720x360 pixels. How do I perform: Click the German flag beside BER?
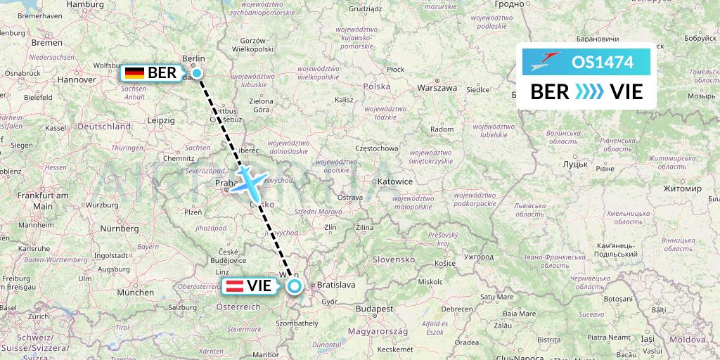click(x=134, y=72)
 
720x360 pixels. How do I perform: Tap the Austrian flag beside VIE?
click(x=233, y=286)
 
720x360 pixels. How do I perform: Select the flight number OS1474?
click(x=603, y=62)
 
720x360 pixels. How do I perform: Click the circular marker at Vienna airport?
click(x=294, y=285)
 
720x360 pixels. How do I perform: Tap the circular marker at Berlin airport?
click(x=198, y=73)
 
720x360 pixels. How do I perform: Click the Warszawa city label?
click(x=437, y=88)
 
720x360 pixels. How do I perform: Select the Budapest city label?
click(x=373, y=309)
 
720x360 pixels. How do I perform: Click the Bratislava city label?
click(x=337, y=285)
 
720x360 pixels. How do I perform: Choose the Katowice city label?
click(x=394, y=181)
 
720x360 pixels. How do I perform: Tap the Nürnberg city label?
click(x=119, y=228)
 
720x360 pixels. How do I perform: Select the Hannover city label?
click(x=76, y=79)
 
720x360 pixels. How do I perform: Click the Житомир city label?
click(x=682, y=188)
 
